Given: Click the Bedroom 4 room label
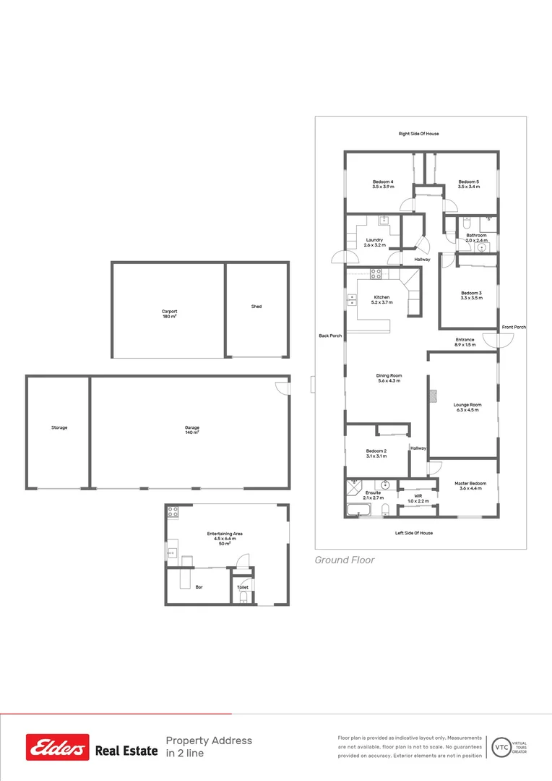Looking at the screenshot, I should point(383,184).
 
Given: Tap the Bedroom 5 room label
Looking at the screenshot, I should point(468,184).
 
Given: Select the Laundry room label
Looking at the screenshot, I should point(374,242).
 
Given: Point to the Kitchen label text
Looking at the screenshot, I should point(381,299).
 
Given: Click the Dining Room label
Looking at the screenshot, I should point(389,378).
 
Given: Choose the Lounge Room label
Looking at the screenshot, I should point(467,407).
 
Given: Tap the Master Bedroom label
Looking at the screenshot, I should point(470,486).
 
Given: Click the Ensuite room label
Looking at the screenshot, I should point(373,495).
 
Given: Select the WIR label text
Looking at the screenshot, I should point(418,498).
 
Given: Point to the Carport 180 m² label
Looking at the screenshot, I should point(170,314).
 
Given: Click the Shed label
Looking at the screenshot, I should point(256,307).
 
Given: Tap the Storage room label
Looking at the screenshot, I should point(59,427).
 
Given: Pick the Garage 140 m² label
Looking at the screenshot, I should point(191,430).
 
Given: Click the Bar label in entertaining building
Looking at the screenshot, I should point(199,587).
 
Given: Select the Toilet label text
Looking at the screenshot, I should point(243,587).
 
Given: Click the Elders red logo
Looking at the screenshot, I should point(58,747).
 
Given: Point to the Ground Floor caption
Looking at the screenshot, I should point(345,560).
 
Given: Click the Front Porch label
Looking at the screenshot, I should point(514,328).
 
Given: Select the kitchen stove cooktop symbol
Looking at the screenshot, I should point(376,273).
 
